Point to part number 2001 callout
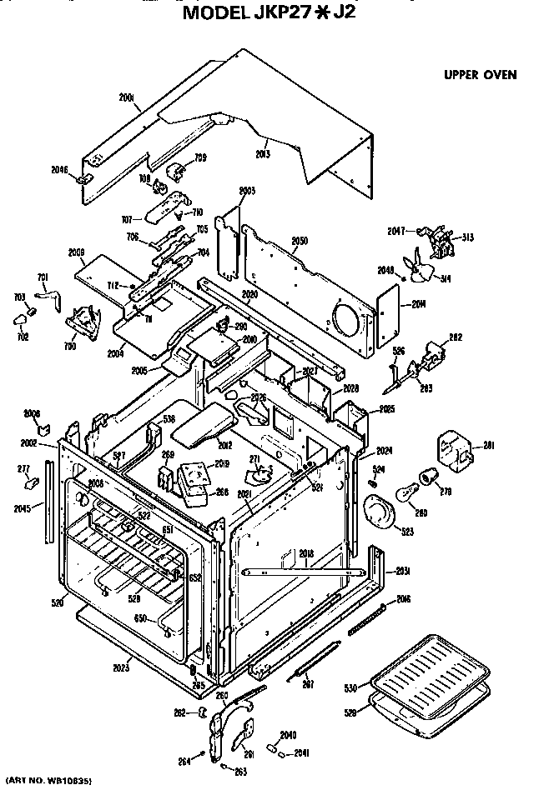(126, 98)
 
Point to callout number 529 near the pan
(352, 711)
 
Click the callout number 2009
(77, 251)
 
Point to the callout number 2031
(403, 570)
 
